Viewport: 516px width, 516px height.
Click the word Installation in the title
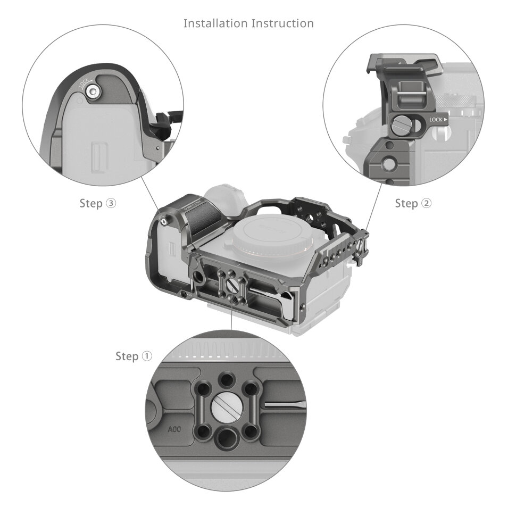[215, 23]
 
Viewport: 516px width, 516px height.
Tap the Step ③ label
[97, 203]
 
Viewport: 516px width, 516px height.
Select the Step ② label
[413, 203]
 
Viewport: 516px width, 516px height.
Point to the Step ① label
[134, 356]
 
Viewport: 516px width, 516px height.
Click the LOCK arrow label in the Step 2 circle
[438, 120]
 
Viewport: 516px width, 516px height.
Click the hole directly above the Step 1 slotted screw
[228, 379]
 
